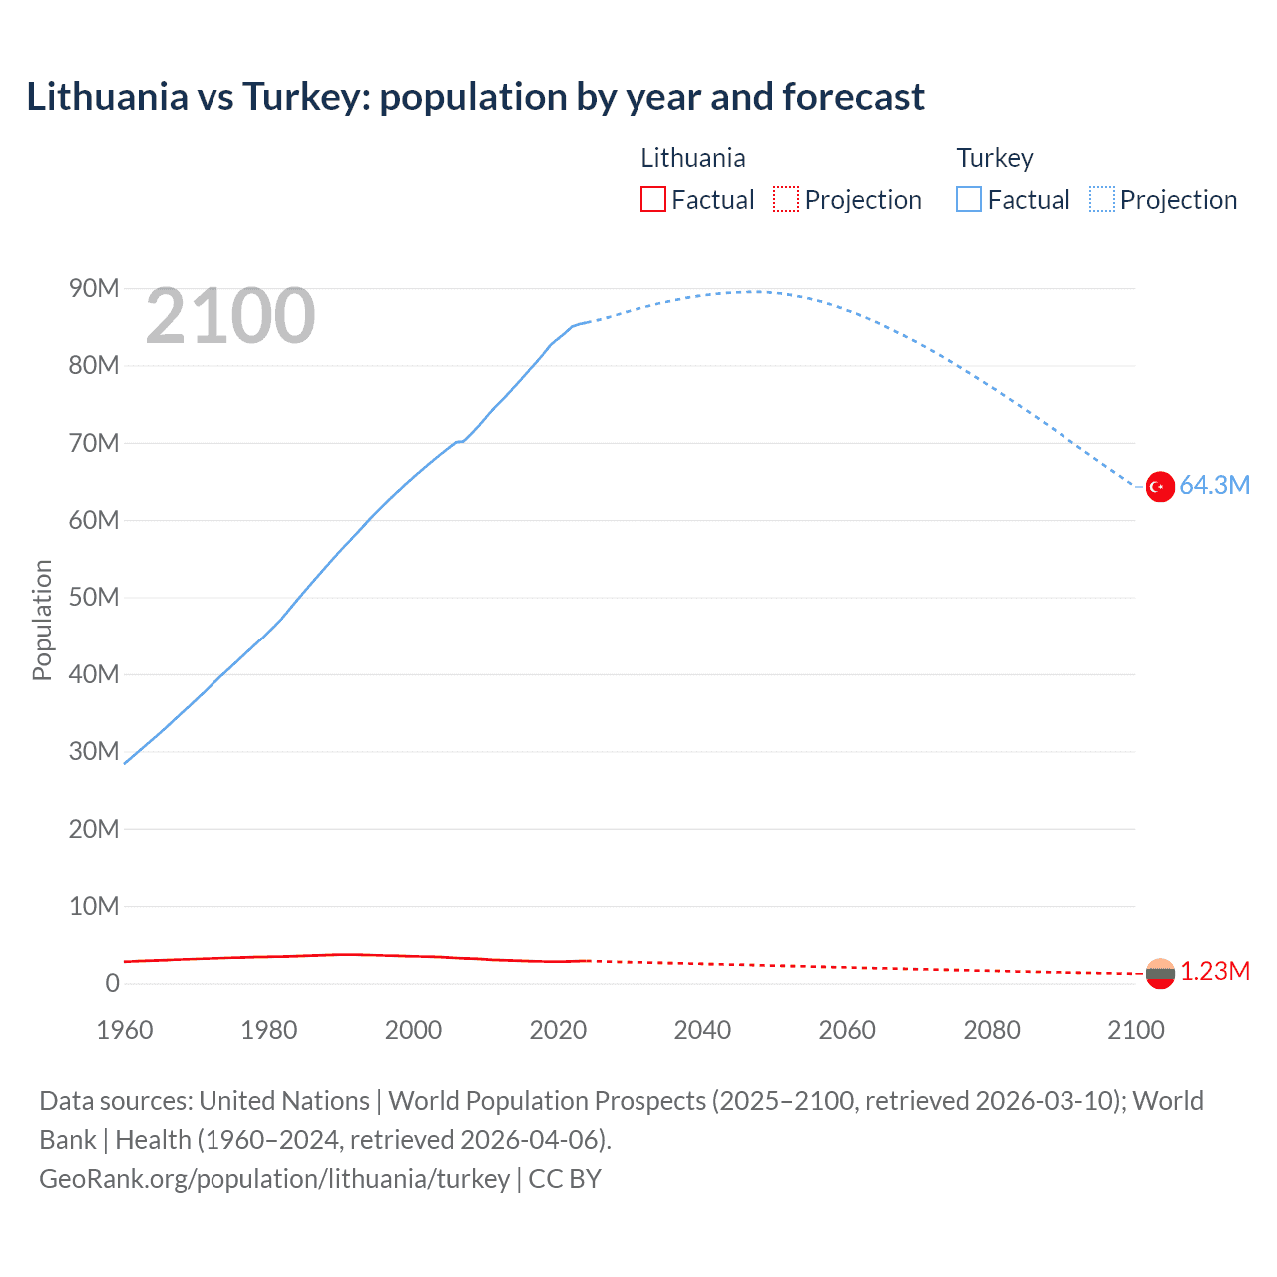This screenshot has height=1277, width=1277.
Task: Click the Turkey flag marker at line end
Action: tap(1159, 487)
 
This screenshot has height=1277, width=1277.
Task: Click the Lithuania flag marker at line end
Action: tap(1159, 973)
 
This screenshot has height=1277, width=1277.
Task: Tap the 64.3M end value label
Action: tap(1214, 486)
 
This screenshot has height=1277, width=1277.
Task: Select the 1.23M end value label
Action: tap(1215, 972)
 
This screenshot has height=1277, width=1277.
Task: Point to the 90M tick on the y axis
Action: tap(94, 289)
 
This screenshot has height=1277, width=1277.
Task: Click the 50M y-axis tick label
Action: tap(94, 598)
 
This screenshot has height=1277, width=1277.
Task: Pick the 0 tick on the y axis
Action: tap(112, 984)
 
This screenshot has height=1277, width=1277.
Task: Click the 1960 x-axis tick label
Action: tap(125, 1030)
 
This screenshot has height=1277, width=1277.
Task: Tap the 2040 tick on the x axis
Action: tap(702, 1030)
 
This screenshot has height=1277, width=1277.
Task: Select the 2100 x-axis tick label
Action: tap(1135, 1030)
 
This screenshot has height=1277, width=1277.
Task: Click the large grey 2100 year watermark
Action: tap(230, 317)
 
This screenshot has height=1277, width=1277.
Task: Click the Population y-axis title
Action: tap(42, 620)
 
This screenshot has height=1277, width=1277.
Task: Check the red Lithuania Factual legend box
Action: tap(652, 200)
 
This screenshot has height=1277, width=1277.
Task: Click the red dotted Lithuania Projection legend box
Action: tap(786, 200)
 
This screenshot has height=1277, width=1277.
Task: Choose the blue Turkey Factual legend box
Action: tap(969, 200)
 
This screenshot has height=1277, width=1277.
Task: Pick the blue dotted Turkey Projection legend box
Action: tap(1102, 200)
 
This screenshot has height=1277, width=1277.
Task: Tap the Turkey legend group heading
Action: tap(995, 158)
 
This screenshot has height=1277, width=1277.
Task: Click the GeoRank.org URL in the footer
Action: tap(274, 1179)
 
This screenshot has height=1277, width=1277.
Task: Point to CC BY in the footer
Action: tap(565, 1179)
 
